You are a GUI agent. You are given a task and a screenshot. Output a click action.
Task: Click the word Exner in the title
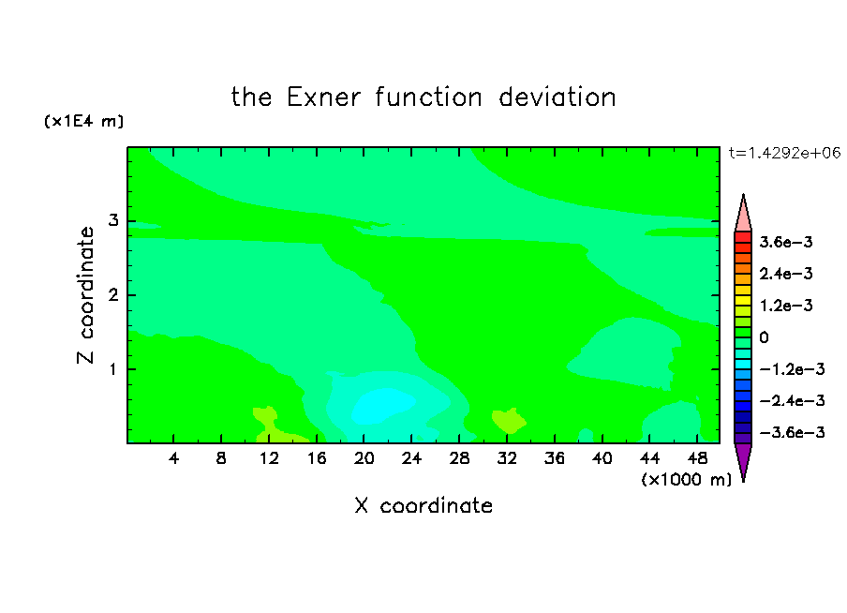pyautogui.click(x=323, y=97)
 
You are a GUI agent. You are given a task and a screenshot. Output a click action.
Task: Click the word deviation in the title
pyautogui.click(x=557, y=97)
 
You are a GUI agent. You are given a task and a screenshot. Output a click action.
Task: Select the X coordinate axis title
pyautogui.click(x=423, y=505)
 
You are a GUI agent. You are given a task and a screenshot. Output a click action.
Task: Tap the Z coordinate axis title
pyautogui.click(x=85, y=295)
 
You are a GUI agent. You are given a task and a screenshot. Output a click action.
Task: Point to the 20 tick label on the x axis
pyautogui.click(x=364, y=458)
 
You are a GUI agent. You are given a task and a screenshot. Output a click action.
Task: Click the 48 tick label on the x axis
pyautogui.click(x=697, y=458)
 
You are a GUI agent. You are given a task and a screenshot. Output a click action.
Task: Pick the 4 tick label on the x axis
pyautogui.click(x=173, y=458)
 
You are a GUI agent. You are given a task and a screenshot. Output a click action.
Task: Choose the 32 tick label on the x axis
pyautogui.click(x=507, y=458)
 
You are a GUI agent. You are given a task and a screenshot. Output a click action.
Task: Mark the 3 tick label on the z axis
pyautogui.click(x=113, y=220)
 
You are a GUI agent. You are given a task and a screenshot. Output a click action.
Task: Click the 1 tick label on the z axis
pyautogui.click(x=113, y=369)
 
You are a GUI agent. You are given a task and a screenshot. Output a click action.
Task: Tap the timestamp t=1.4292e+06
pyautogui.click(x=784, y=153)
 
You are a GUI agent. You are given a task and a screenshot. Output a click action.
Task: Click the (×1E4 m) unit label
pyautogui.click(x=83, y=121)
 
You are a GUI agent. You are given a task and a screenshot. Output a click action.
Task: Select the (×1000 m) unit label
pyautogui.click(x=686, y=480)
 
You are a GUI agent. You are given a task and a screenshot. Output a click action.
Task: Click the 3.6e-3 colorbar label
pyautogui.click(x=786, y=242)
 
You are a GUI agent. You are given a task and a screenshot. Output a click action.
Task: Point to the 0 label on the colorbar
pyautogui.click(x=764, y=337)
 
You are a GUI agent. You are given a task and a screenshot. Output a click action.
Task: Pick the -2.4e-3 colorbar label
pyautogui.click(x=792, y=400)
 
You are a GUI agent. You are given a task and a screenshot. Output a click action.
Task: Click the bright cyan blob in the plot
pyautogui.click(x=382, y=406)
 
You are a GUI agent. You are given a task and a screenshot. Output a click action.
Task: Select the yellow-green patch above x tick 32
pyautogui.click(x=509, y=420)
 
